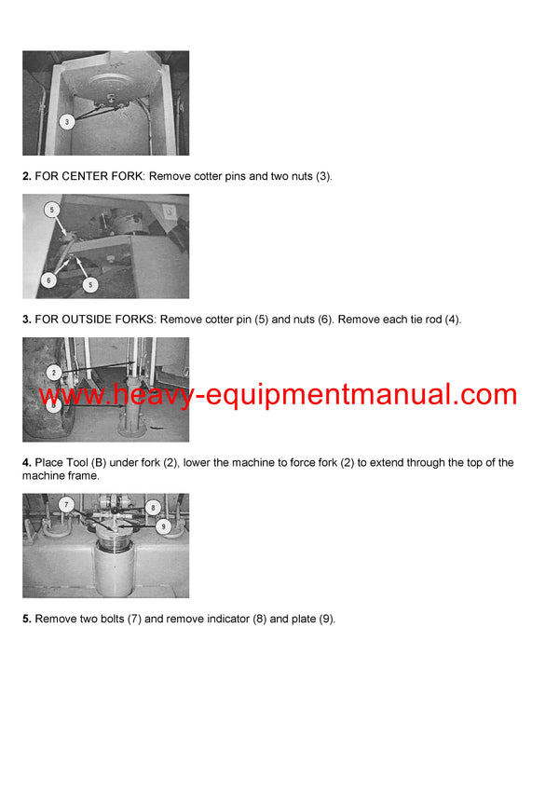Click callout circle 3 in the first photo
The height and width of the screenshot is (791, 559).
(66, 121)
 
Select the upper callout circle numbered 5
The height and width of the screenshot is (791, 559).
(52, 210)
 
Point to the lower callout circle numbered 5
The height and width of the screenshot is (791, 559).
(90, 284)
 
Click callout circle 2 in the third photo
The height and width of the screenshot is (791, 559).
(54, 373)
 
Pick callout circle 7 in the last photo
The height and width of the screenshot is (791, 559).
(66, 504)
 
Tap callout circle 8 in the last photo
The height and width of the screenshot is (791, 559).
(154, 509)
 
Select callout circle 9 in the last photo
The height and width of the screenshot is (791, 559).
(164, 525)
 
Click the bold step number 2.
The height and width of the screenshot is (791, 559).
(27, 175)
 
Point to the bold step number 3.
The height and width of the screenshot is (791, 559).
(27, 320)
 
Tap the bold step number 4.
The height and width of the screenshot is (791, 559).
(27, 463)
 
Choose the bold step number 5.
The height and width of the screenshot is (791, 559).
(27, 619)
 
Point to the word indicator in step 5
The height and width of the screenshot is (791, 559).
(226, 619)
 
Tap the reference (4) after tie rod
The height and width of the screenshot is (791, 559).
(452, 320)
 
